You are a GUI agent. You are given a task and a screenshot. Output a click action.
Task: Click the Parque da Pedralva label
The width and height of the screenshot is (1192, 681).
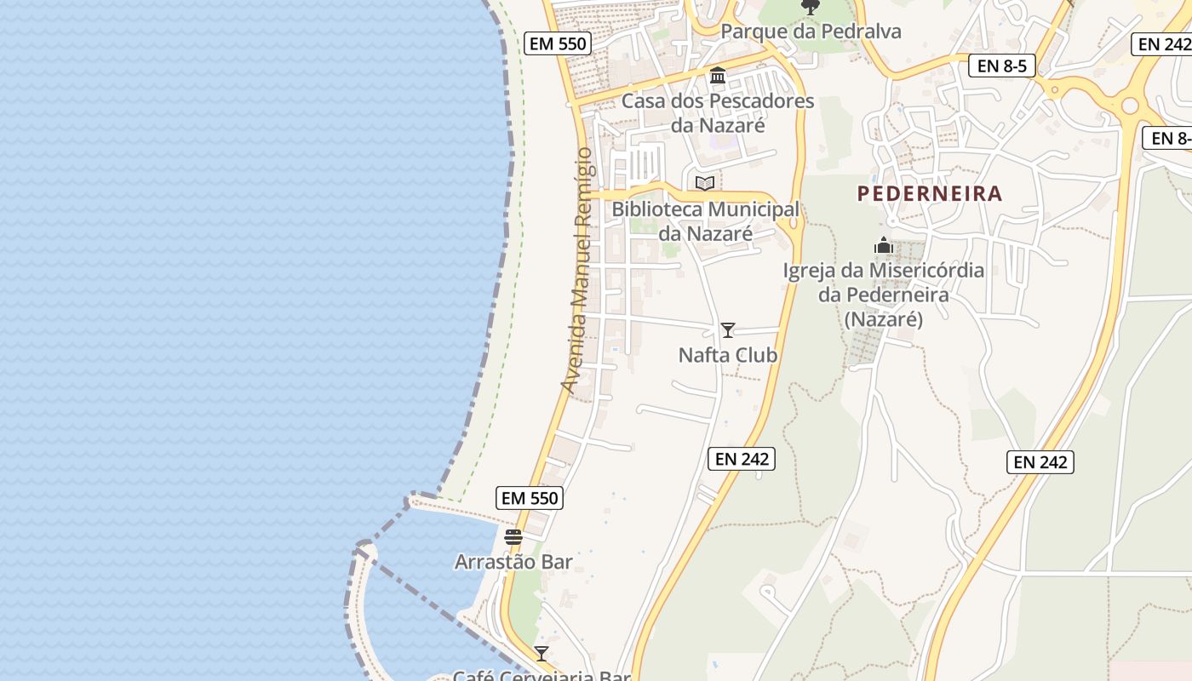tap(811, 31)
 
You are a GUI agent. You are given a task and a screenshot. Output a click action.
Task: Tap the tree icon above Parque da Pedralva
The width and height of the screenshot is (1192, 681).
tap(811, 8)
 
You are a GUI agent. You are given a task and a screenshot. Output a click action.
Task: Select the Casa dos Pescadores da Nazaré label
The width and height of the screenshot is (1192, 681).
tap(718, 113)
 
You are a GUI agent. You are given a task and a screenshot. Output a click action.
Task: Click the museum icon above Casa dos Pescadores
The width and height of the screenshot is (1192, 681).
tap(718, 77)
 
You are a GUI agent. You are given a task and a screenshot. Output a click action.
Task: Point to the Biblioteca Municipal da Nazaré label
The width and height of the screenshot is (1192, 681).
tap(706, 221)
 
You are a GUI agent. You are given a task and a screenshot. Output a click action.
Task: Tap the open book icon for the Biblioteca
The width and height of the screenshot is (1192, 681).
tap(705, 183)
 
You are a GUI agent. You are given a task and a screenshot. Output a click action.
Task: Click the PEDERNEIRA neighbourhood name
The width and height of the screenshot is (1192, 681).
tap(930, 194)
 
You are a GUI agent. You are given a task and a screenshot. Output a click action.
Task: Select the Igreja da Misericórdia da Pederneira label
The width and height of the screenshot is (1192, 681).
tap(884, 295)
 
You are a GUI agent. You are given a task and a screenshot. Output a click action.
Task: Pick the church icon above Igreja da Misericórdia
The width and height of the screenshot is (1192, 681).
tap(884, 246)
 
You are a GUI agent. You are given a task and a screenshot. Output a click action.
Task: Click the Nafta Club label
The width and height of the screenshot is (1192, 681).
tap(728, 355)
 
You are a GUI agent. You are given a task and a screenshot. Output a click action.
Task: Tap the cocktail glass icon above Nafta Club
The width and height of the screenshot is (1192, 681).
tap(728, 330)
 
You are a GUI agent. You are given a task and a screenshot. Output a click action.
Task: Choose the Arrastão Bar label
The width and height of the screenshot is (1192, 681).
tap(513, 562)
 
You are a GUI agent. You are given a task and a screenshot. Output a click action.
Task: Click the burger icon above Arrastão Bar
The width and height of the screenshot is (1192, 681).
tap(513, 537)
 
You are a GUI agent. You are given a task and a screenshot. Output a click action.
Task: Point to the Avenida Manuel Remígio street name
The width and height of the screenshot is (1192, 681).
tap(576, 270)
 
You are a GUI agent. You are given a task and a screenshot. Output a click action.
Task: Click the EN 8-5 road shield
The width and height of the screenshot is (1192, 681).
tap(1002, 66)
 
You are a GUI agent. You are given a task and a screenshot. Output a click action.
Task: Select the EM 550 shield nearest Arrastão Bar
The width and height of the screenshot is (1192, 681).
tap(530, 498)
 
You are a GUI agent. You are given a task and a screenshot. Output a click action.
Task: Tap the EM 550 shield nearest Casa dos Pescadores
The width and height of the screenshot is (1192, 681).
tap(557, 43)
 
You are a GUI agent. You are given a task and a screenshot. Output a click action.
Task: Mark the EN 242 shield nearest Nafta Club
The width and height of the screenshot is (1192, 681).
tap(742, 459)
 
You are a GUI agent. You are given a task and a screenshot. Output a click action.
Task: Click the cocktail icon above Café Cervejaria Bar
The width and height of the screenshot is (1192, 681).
tap(542, 654)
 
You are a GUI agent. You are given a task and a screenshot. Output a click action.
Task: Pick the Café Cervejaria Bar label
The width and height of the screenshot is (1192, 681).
tap(542, 676)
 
